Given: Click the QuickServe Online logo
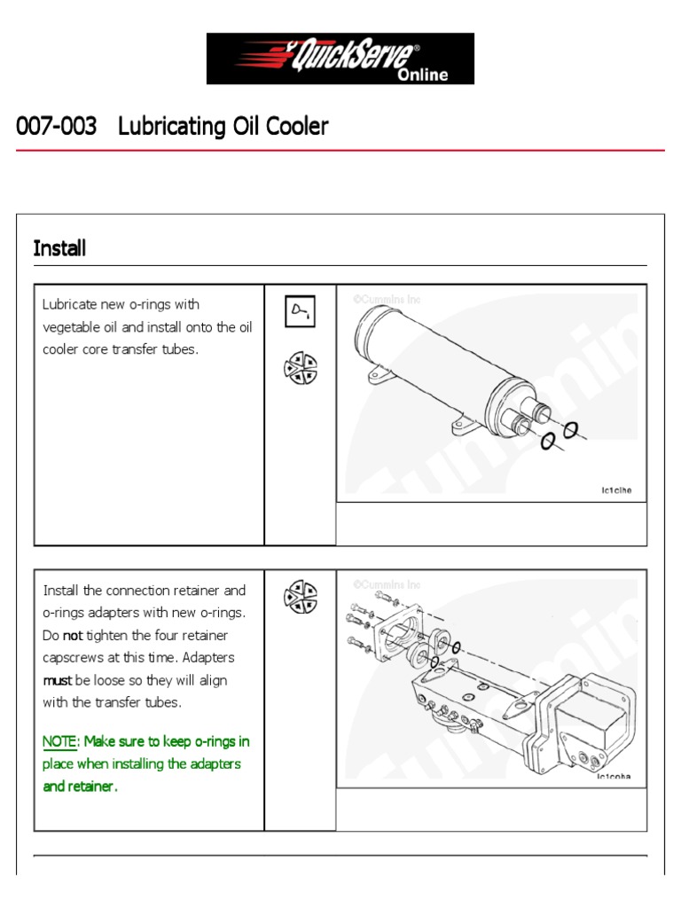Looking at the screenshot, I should click(340, 59).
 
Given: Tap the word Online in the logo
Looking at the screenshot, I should click(423, 74).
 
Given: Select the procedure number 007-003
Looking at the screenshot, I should click(56, 127).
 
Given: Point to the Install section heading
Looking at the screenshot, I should click(59, 248).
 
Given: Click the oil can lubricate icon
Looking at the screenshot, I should click(300, 312).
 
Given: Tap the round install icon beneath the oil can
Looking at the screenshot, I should click(300, 369).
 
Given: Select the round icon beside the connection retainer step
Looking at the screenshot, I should click(300, 596).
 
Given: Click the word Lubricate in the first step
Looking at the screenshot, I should click(70, 305).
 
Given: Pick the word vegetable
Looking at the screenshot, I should click(74, 327).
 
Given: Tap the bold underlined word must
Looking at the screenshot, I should click(57, 680).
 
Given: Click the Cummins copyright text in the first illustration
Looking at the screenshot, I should click(387, 300).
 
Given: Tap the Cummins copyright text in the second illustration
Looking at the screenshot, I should click(387, 585).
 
